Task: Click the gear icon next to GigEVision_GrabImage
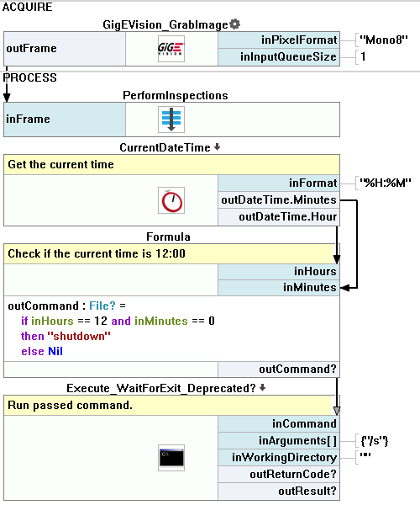pos(235,24)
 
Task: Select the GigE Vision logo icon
pos(171,49)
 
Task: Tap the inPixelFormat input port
pos(279,40)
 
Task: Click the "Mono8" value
pos(383,40)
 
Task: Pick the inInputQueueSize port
pos(279,57)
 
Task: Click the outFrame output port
pos(65,49)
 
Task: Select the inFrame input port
pos(65,120)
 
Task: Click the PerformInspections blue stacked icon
pos(171,120)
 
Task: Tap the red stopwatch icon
pos(171,200)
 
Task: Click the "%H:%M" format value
pos(385,183)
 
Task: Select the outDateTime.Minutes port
pos(279,200)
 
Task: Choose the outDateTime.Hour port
pos(279,217)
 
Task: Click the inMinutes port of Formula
pos(279,288)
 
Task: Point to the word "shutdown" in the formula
pos(79,336)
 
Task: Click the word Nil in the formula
pos(55,351)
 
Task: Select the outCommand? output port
pos(279,369)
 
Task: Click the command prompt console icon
pos(171,458)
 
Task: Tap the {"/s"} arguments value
pos(375,440)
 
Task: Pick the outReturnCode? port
pos(279,475)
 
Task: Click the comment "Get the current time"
pos(60,165)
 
